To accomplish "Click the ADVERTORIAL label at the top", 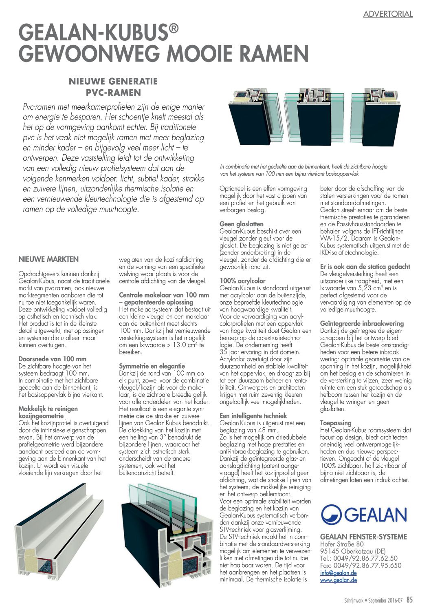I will [x=388, y=14].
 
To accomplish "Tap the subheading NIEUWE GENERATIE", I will [x=113, y=81].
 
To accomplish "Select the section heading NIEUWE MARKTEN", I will [x=48, y=259].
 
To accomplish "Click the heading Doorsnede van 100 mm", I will [x=53, y=359].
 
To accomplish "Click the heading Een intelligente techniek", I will [x=253, y=416].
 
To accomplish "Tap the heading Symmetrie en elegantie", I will [x=152, y=366].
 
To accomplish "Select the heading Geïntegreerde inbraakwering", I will [x=362, y=323].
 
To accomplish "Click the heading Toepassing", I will [x=336, y=423].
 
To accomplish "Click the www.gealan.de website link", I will [x=339, y=580].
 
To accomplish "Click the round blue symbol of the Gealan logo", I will [x=331, y=515].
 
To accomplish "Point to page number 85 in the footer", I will [x=409, y=600].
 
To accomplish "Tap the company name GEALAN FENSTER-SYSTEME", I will [x=363, y=537].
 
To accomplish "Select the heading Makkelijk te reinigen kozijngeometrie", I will [x=48, y=412].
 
